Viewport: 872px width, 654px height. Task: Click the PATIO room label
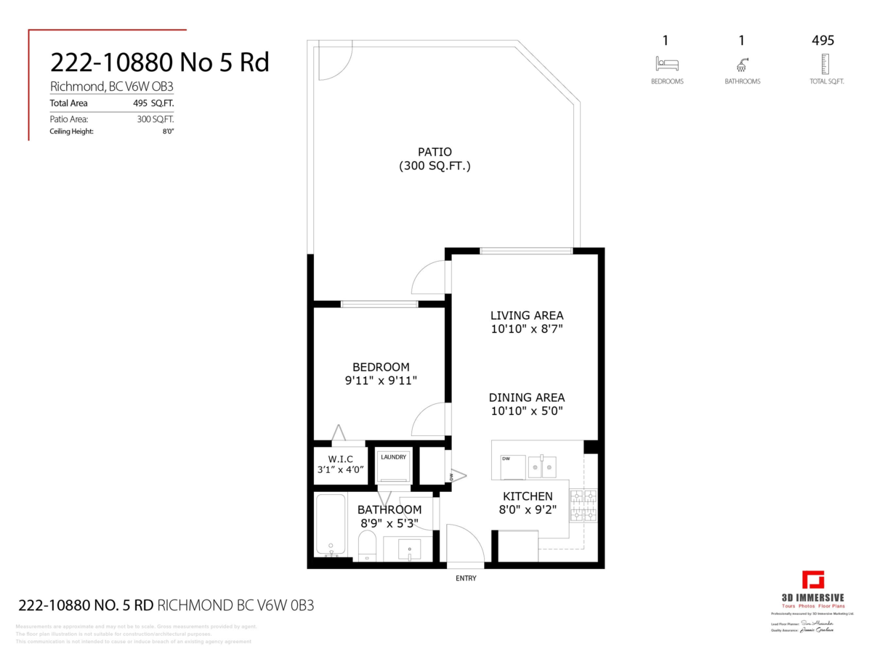[x=435, y=152]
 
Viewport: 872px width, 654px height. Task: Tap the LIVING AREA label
[x=527, y=315]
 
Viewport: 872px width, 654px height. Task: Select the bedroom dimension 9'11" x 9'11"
[x=381, y=380]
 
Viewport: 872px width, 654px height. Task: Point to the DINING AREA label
[x=527, y=397]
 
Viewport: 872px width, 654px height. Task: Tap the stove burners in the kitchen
[x=584, y=506]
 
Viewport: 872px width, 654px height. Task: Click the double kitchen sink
[x=542, y=466]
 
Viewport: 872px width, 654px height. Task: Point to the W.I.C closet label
[x=340, y=459]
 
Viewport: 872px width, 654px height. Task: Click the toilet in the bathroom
[x=368, y=545]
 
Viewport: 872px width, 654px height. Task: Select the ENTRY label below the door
[x=466, y=578]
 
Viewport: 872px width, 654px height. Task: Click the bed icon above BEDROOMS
[x=666, y=63]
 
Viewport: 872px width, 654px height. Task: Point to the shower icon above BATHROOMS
[x=742, y=63]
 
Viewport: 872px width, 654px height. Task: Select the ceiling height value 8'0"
[x=169, y=132]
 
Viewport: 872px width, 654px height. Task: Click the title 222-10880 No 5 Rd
[x=159, y=62]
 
